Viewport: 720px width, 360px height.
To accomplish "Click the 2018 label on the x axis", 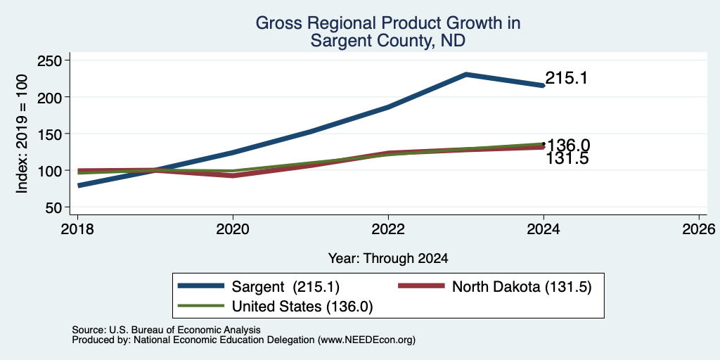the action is coord(77,229).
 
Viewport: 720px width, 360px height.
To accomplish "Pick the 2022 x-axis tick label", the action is coord(388,229).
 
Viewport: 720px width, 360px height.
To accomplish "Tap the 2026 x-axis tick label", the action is coord(699,229).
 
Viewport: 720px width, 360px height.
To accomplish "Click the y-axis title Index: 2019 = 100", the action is coord(22,134).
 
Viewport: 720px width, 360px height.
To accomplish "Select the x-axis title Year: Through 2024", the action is coord(388,259).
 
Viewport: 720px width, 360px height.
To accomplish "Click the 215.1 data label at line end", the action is coord(567,78).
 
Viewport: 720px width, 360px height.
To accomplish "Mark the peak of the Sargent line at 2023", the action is coord(465,74).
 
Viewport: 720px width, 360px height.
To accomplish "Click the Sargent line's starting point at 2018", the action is coord(79,186).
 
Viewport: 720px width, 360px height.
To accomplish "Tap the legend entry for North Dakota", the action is coord(494,287).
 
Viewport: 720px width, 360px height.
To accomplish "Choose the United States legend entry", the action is coord(275,307).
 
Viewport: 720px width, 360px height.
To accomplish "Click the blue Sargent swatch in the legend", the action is coord(201,286).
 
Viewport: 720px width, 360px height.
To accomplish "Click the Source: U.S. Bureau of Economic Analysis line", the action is coord(166,330).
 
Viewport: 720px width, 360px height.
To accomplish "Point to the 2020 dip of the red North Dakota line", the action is coord(233,175).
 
